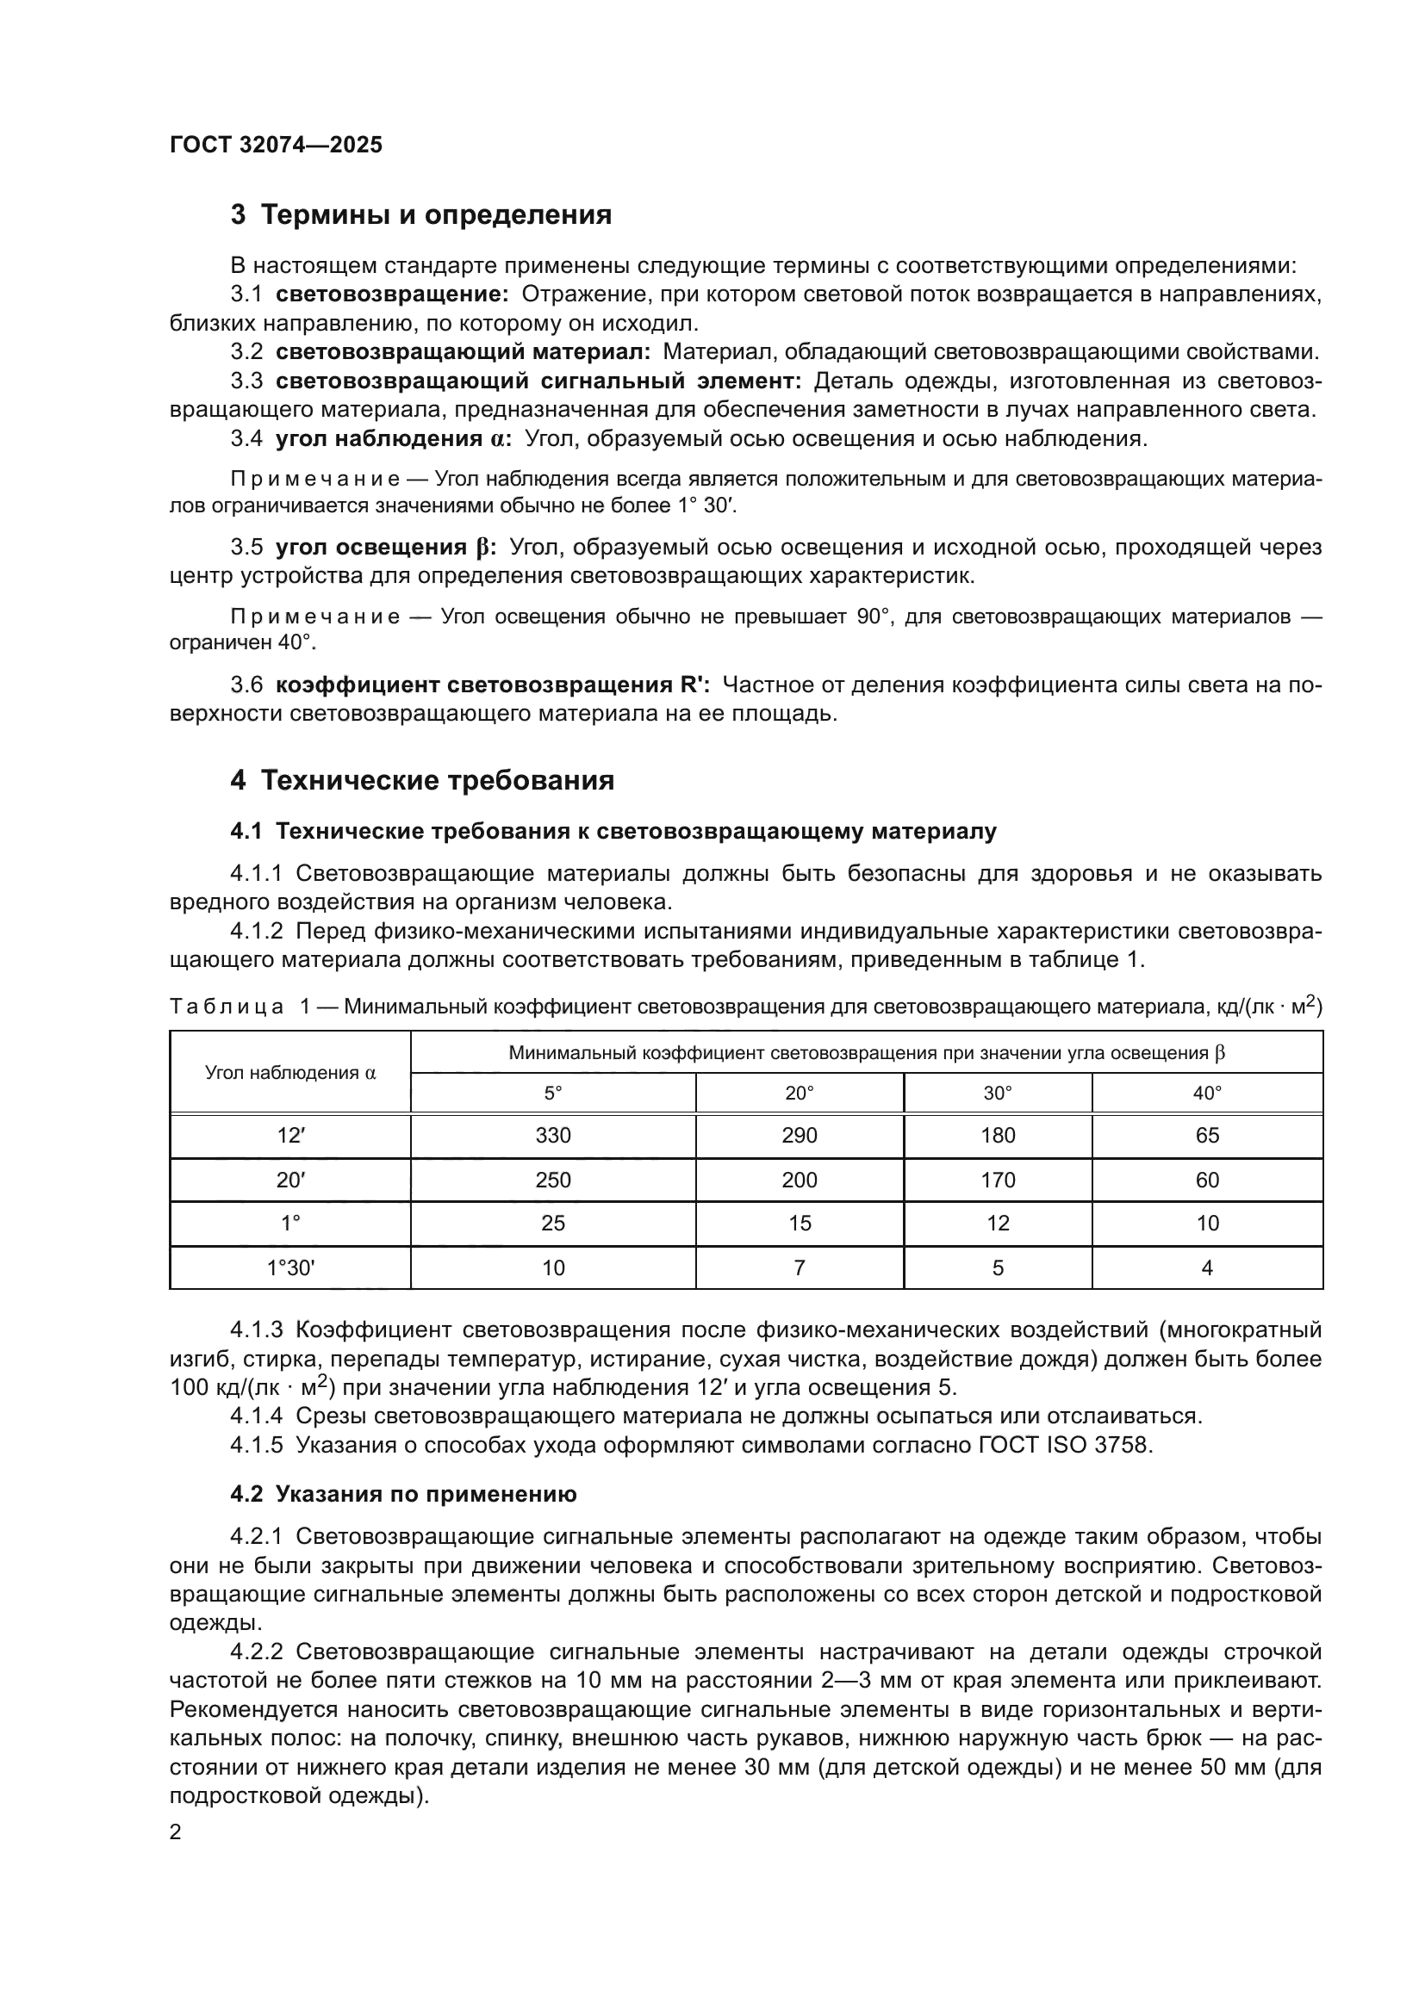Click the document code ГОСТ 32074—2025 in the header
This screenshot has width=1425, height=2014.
(276, 145)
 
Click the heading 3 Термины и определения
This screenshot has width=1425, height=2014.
(420, 214)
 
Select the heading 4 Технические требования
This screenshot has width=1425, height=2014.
(422, 780)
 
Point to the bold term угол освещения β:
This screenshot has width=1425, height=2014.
(386, 548)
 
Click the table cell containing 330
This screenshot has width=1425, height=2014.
(553, 1135)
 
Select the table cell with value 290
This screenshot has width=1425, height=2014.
(800, 1135)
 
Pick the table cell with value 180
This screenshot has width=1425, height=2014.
(998, 1135)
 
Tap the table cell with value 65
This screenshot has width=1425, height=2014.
(1207, 1135)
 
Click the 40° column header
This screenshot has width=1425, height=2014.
(1207, 1093)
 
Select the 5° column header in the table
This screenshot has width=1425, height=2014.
(553, 1093)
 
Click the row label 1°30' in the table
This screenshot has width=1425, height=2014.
(290, 1267)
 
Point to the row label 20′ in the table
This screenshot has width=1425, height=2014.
(290, 1180)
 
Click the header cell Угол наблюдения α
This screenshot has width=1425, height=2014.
(290, 1072)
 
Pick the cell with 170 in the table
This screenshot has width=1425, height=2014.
(998, 1180)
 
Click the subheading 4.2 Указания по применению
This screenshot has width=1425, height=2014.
(403, 1494)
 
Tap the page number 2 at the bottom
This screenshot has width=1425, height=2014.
(176, 1831)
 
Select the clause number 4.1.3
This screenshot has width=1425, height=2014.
(256, 1329)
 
